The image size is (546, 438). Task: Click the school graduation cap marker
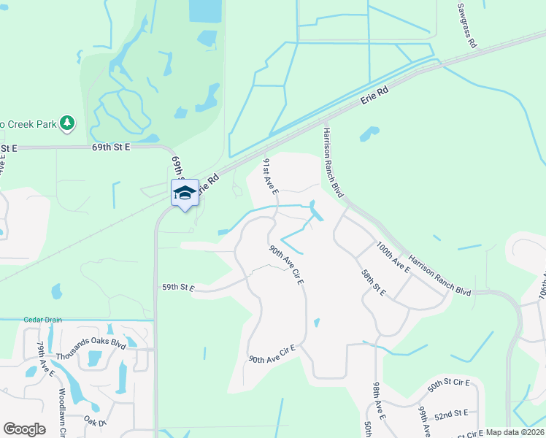(185, 193)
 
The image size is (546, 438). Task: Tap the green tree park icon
(67, 123)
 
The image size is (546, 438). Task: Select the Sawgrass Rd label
(467, 26)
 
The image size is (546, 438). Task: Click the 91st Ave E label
(270, 176)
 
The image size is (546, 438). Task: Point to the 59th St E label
(178, 288)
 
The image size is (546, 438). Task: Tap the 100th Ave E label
(393, 258)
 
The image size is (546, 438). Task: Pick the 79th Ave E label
(46, 359)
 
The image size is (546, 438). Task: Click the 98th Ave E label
(377, 397)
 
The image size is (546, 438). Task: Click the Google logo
(24, 429)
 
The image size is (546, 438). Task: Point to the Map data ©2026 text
(515, 432)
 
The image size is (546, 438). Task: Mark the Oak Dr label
(96, 422)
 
